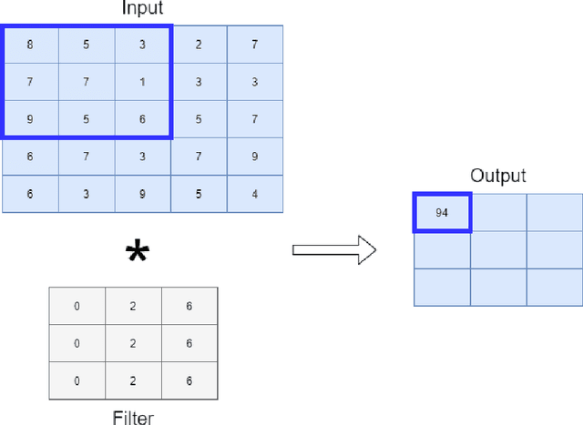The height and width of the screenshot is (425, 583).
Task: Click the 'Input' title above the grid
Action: click(142, 10)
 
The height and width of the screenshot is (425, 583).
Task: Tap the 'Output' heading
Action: click(497, 176)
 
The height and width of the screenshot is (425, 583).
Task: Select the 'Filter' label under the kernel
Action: click(133, 418)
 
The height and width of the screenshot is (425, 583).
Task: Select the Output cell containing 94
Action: click(443, 213)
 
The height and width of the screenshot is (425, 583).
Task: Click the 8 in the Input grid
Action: click(30, 44)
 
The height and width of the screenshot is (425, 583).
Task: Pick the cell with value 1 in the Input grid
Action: click(143, 82)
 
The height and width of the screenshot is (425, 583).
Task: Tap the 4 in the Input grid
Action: click(255, 194)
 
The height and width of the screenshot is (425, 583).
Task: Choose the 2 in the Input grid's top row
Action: click(199, 44)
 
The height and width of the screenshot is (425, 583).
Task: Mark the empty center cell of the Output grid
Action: click(498, 250)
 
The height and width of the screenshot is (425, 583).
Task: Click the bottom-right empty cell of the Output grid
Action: click(554, 288)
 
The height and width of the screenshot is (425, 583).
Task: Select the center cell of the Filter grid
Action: click(133, 343)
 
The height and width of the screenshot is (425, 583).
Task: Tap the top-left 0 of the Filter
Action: click(77, 307)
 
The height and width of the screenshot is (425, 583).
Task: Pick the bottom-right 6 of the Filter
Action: click(189, 380)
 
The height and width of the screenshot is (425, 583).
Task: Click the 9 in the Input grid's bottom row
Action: click(143, 194)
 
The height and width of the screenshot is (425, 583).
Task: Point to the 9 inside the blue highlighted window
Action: click(30, 119)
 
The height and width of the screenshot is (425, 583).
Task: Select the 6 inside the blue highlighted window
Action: click(143, 119)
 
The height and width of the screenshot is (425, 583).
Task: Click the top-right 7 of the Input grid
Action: click(255, 44)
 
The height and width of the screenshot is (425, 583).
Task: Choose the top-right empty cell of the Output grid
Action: click(554, 213)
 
